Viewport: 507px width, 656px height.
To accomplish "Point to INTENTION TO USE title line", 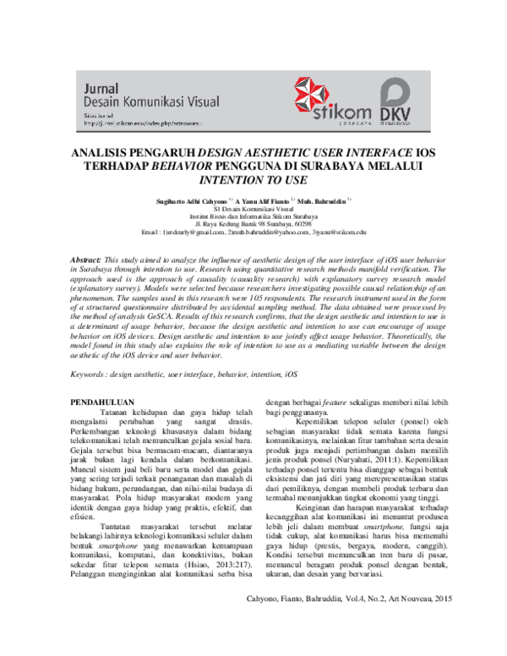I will pos(253,180).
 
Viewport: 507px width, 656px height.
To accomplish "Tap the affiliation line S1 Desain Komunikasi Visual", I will pos(253,210).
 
